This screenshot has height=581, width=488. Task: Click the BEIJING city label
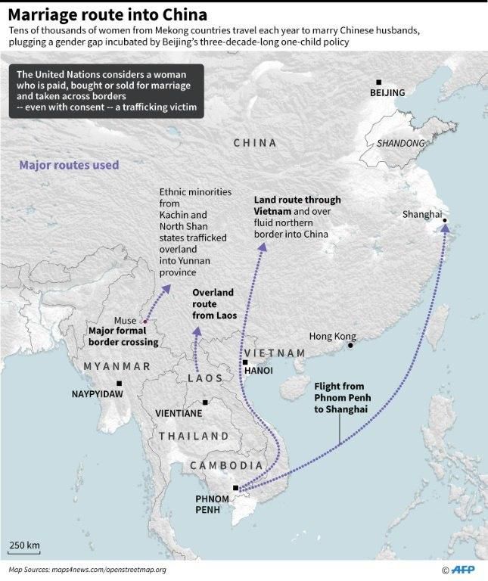[x=387, y=93]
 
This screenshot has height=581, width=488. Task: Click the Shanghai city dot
[x=445, y=221]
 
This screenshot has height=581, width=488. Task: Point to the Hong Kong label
[x=332, y=336]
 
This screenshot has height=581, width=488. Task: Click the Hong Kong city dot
[x=350, y=346]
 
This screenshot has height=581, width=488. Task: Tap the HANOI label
[x=259, y=371]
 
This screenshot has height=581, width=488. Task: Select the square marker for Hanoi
[x=245, y=362]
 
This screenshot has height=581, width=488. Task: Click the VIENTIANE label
[x=179, y=414]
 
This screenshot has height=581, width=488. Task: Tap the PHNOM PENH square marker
[x=236, y=488]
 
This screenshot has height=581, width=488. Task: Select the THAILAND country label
[x=194, y=437]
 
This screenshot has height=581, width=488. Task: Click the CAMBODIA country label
[x=226, y=465]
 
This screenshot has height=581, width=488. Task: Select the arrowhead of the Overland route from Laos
[x=197, y=331]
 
